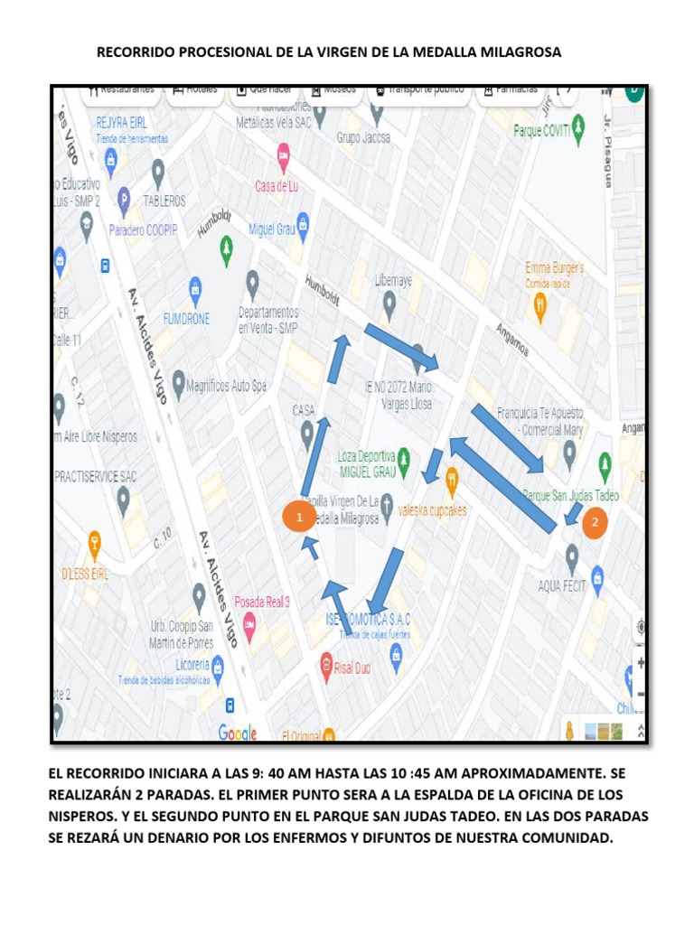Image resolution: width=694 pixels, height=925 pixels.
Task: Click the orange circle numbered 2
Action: click(x=594, y=521)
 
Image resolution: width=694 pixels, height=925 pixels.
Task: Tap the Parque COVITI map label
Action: click(x=541, y=130)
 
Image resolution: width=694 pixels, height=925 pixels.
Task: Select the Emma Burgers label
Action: click(x=554, y=268)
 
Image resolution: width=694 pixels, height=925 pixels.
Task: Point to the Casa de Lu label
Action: click(x=276, y=186)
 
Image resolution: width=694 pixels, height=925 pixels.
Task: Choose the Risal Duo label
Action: click(x=354, y=668)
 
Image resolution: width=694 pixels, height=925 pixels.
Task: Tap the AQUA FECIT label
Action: click(x=562, y=586)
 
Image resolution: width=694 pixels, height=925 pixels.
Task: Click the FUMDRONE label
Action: click(x=187, y=319)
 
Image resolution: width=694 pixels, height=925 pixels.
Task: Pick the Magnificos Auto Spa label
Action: click(x=227, y=386)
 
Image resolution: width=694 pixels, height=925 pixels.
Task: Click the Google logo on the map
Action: click(x=237, y=733)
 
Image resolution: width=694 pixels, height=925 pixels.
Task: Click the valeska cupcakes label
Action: click(x=433, y=509)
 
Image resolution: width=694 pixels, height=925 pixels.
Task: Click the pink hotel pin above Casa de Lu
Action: click(x=283, y=155)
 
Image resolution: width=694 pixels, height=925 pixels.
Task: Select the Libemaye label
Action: click(x=393, y=281)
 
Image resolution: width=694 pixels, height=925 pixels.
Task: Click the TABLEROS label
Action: click(x=164, y=201)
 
